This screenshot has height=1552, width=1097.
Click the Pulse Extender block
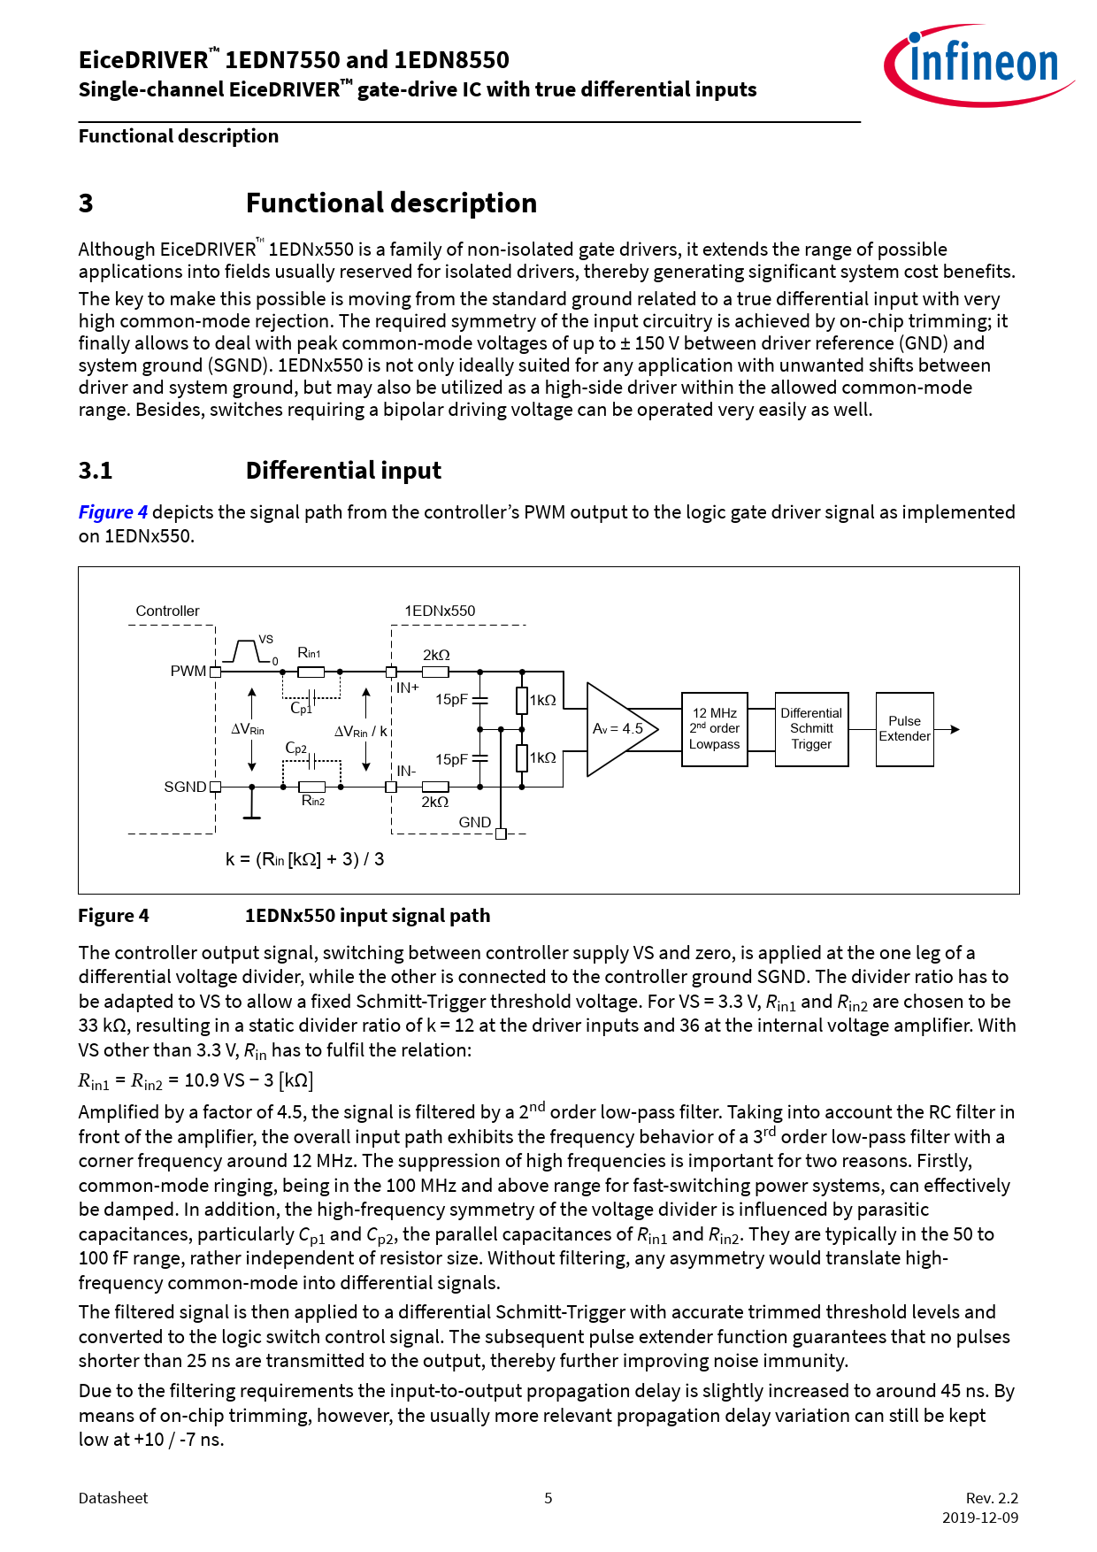tap(904, 729)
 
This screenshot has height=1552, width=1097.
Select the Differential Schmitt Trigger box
tap(811, 729)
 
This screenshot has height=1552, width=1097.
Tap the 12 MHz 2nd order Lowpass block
tap(714, 729)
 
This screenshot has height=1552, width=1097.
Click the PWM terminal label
tap(188, 672)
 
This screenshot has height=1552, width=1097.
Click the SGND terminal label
tap(185, 787)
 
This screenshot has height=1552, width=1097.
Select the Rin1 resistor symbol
tap(311, 672)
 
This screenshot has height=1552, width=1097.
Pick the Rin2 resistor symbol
tap(311, 787)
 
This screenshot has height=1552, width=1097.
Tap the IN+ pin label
tap(408, 688)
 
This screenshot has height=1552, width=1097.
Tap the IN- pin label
tap(406, 771)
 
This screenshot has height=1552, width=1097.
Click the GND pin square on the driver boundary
tap(501, 834)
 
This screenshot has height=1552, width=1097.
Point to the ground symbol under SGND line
tap(252, 815)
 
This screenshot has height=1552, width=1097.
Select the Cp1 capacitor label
tap(301, 709)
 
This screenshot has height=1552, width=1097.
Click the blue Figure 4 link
tap(113, 512)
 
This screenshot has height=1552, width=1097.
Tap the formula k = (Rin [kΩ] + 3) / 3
tap(305, 859)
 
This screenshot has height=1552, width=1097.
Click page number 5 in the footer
tap(548, 1498)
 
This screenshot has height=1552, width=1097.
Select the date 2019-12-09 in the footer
tap(979, 1517)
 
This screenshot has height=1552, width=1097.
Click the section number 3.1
tap(96, 471)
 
